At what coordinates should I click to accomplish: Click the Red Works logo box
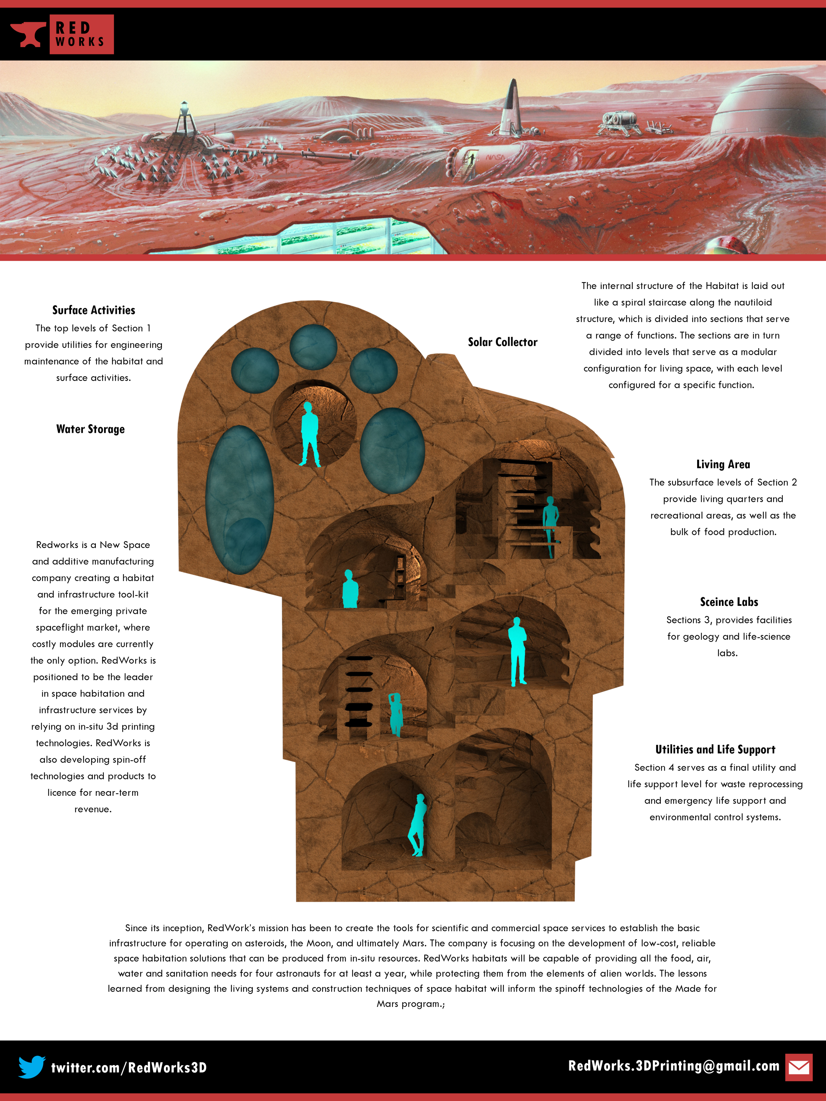81,34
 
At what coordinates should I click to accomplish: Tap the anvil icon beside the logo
27,35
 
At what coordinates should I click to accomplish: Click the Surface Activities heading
94,310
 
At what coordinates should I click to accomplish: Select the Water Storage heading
90,429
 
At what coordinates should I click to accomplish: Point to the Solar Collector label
502,342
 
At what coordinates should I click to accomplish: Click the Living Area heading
723,464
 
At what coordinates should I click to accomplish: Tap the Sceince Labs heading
729,602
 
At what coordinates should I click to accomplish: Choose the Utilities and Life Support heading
715,750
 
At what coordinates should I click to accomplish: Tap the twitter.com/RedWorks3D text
129,1068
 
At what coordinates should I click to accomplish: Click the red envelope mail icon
799,1067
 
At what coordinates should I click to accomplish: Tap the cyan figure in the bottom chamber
417,825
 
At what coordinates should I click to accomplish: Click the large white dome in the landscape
769,107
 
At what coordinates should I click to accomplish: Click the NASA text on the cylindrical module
494,157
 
